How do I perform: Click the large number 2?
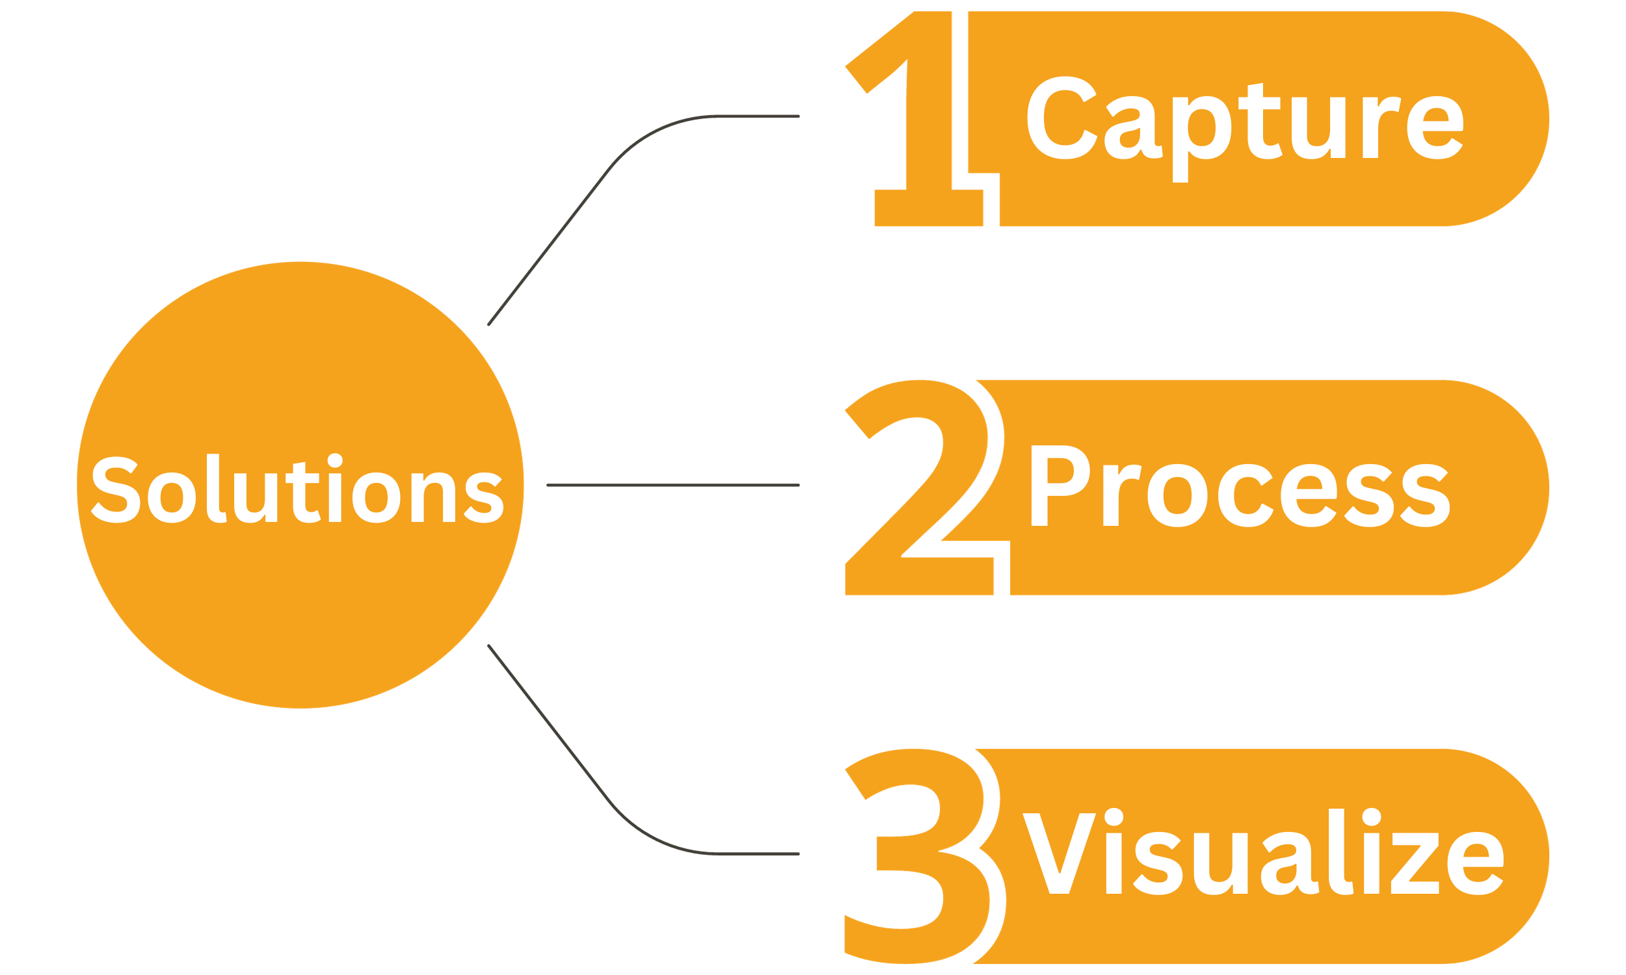[x=920, y=499]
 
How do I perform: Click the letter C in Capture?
[x=1061, y=118]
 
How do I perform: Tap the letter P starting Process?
[x=1058, y=486]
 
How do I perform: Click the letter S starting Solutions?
[x=116, y=489]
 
